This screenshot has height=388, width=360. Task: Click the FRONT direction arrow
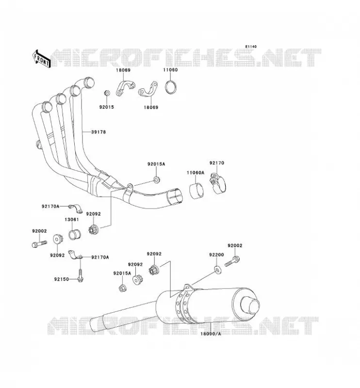click(41, 59)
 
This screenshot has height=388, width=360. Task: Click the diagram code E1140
click(251, 47)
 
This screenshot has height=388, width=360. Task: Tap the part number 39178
click(98, 132)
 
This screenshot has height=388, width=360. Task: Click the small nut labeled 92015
click(107, 93)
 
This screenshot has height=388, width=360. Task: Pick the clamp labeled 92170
click(218, 183)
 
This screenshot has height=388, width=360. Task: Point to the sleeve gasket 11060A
click(196, 190)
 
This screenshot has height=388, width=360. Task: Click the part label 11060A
click(196, 173)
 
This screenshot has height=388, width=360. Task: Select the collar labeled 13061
click(75, 235)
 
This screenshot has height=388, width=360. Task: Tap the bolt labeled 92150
click(80, 275)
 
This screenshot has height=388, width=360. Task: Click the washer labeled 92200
click(218, 270)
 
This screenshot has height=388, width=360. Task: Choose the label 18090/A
click(211, 334)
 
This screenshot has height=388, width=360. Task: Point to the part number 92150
click(62, 279)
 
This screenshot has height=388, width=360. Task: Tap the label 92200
click(216, 255)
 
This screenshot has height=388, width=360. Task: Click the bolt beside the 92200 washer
click(232, 261)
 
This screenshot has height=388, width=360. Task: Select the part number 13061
click(72, 220)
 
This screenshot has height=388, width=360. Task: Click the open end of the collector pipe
click(175, 197)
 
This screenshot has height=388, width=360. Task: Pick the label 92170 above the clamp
click(217, 163)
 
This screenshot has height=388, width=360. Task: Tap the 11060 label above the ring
click(170, 70)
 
